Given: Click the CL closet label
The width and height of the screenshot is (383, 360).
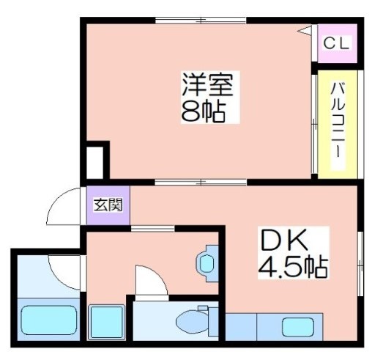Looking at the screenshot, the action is click(336, 44).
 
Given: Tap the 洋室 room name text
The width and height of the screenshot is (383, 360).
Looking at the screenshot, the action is click(208, 84).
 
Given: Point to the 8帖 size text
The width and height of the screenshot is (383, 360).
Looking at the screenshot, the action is click(204, 111).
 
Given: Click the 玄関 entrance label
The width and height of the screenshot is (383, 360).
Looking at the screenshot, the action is click(108, 205).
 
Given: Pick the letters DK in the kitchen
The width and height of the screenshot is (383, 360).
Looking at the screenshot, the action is click(285, 240).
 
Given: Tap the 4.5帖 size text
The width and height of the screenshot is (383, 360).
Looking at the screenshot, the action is click(293, 266).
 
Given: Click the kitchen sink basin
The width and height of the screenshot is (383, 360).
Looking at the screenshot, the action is click(298, 327).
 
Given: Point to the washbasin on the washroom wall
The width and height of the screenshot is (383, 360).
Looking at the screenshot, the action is click(207, 263).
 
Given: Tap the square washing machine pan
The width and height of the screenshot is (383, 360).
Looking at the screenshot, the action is click(106, 323).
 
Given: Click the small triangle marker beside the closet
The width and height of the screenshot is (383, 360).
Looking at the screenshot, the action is click(305, 31).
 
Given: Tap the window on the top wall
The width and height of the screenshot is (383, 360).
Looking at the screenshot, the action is click(201, 21).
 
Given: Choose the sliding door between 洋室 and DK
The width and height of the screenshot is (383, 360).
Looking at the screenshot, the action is click(201, 183).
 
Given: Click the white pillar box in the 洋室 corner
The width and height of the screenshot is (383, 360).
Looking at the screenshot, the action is click(95, 163).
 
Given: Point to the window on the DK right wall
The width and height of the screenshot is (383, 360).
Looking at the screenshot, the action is click(360, 264).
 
